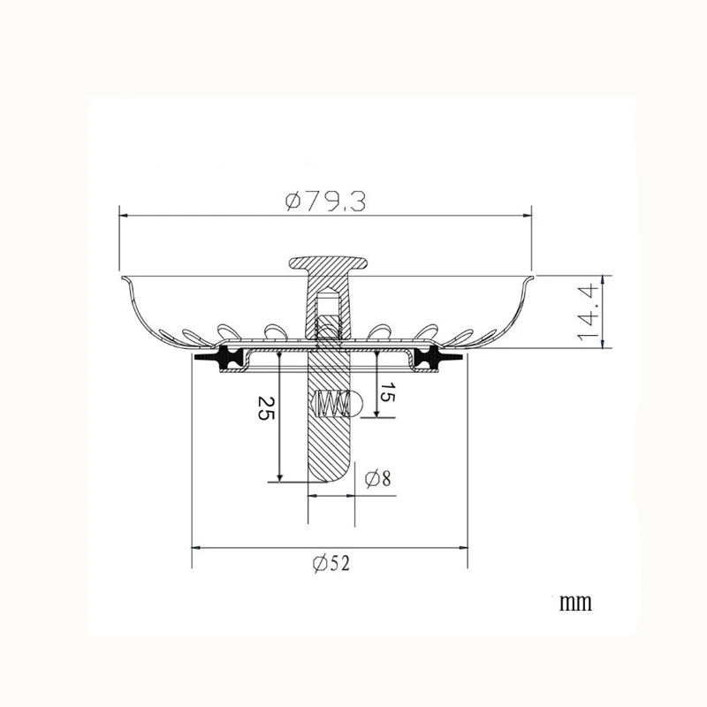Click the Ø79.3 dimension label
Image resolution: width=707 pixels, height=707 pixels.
point(325,201)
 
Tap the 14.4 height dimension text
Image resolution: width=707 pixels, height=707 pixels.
point(588,312)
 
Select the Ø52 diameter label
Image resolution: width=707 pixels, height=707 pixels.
point(331,563)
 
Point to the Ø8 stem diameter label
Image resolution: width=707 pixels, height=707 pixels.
point(378,478)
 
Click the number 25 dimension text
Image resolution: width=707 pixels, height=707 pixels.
point(266,408)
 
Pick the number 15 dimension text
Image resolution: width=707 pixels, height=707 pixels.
point(387,392)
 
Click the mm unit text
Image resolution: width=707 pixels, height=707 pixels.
point(575,603)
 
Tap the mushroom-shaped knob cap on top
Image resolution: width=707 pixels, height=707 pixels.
point(328,262)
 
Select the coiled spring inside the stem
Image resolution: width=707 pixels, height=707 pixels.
point(333,404)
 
